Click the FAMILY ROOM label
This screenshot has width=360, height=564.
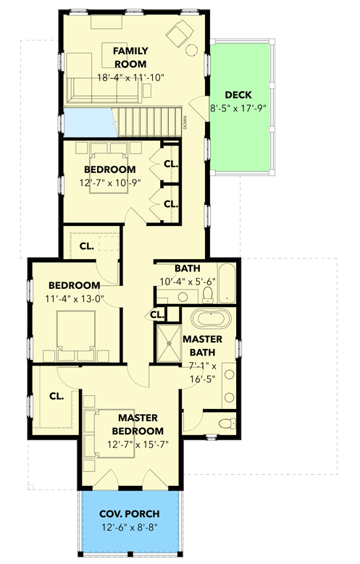point(130,57)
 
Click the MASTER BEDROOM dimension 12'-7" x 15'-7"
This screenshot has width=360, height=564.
point(138,445)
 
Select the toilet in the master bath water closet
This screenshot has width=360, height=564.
point(224,424)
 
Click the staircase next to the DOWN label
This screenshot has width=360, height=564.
point(149,119)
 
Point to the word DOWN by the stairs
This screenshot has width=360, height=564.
point(185,122)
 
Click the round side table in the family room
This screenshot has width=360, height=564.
point(193,51)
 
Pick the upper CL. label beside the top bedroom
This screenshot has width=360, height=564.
point(171,164)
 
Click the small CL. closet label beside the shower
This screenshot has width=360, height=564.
point(157,314)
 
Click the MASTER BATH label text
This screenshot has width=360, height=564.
point(202,345)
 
